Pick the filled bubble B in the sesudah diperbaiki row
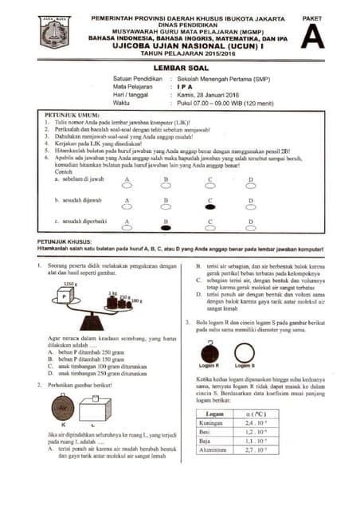pos(166,227)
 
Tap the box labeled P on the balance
pos(65,296)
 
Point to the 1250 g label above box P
pos(69,284)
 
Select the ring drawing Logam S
pos(244,354)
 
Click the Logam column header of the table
pos(214,414)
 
